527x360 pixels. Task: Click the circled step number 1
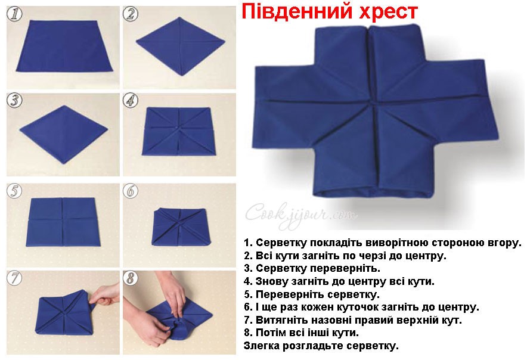pos(15,14)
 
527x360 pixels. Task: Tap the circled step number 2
pos(131,14)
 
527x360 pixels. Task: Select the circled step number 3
pos(14,101)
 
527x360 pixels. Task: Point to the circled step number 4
pos(131,100)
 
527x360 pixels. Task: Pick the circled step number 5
pos(14,191)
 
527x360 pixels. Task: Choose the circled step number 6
pos(131,191)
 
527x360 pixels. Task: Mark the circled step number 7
pos(14,278)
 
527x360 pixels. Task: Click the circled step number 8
pos(131,278)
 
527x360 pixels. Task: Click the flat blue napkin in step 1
pos(64,46)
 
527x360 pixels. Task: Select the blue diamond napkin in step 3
pos(64,134)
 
